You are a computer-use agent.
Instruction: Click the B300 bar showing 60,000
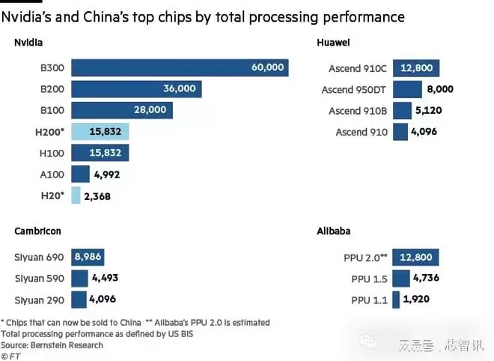180,67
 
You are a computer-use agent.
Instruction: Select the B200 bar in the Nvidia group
135,89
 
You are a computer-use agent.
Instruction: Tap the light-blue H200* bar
100,132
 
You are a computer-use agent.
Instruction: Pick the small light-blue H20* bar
75,196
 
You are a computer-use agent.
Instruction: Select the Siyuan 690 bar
88,256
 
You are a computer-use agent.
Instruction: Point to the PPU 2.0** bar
413,258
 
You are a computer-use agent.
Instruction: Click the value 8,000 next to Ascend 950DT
441,90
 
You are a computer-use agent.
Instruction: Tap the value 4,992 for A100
106,175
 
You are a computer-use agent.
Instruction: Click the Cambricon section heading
37,231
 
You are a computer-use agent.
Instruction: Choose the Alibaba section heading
334,231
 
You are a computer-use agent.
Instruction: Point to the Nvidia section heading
28,43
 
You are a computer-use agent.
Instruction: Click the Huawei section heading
334,43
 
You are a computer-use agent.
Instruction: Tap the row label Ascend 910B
358,111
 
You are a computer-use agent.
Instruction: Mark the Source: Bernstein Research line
52,345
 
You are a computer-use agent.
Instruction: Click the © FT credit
11,356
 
